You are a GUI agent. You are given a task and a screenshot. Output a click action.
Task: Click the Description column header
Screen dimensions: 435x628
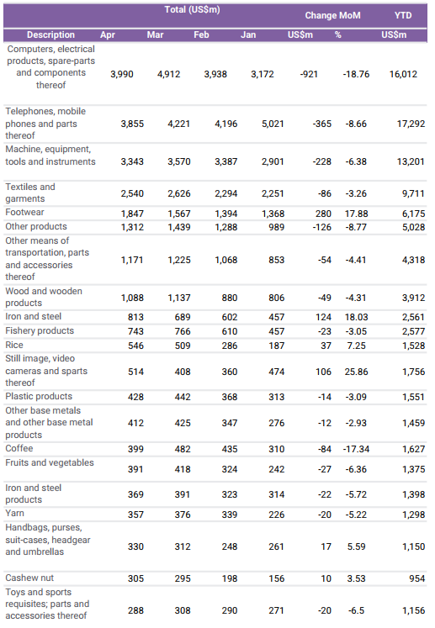[50, 34]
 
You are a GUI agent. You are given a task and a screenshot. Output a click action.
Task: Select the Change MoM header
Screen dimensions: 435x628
[332, 15]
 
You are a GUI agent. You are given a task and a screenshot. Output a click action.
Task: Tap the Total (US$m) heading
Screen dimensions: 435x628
[192, 9]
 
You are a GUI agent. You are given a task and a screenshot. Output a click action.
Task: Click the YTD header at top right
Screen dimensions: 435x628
[402, 15]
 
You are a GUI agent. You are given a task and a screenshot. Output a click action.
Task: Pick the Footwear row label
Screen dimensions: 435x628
[24, 212]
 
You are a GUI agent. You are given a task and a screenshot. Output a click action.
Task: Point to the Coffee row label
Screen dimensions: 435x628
[19, 448]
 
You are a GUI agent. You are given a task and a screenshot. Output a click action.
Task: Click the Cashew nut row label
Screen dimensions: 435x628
[29, 578]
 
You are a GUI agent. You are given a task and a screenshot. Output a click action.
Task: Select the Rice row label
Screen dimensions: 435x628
[14, 345]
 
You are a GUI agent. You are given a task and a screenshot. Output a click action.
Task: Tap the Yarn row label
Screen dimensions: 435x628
[14, 513]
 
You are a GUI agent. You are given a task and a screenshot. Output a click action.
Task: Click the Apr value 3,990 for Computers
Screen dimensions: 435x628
[122, 74]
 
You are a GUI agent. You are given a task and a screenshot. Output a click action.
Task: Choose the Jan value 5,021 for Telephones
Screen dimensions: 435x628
[273, 124]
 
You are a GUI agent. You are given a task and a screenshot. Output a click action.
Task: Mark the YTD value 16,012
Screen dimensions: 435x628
[403, 74]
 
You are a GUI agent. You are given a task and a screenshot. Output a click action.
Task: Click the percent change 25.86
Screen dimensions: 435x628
[356, 372]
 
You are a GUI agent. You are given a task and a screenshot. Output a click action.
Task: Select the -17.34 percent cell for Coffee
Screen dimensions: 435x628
[356, 449]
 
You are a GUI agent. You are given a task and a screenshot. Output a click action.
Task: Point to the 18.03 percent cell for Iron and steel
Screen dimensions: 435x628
[356, 317]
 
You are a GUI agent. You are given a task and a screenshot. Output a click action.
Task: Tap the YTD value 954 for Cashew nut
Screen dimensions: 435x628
[417, 578]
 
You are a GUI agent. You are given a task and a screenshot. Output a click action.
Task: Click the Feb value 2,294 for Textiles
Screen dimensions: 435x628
[225, 193]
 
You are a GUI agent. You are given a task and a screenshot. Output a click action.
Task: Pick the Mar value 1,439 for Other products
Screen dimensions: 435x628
[179, 227]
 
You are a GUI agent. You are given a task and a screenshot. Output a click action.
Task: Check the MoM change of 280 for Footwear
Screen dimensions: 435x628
[323, 214]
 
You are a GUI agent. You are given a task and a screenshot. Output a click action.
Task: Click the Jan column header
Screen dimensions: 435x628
[248, 34]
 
